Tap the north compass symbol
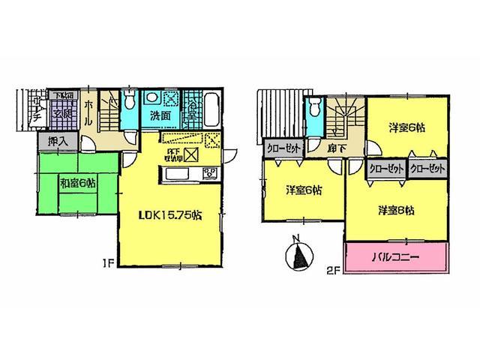(298, 258)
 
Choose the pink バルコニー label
(396, 256)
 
